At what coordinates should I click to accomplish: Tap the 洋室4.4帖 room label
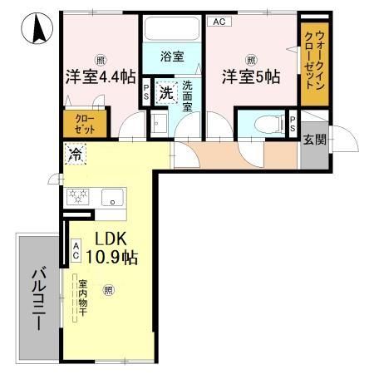tap(100, 77)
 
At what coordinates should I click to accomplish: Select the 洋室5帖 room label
tap(251, 77)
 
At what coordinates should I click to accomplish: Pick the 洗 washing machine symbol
tap(166, 94)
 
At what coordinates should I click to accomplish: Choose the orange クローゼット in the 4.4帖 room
tap(80, 123)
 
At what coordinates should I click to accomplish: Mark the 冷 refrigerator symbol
tap(76, 153)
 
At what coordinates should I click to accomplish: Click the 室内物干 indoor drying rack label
tap(82, 299)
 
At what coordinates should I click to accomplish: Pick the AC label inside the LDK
tap(76, 250)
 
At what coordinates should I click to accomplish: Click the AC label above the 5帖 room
tap(218, 22)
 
